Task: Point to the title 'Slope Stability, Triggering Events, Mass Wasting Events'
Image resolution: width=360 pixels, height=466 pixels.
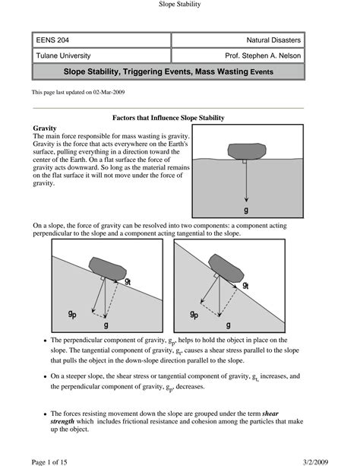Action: [168, 71]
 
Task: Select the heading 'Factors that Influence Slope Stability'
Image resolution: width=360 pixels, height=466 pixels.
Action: [168, 118]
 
